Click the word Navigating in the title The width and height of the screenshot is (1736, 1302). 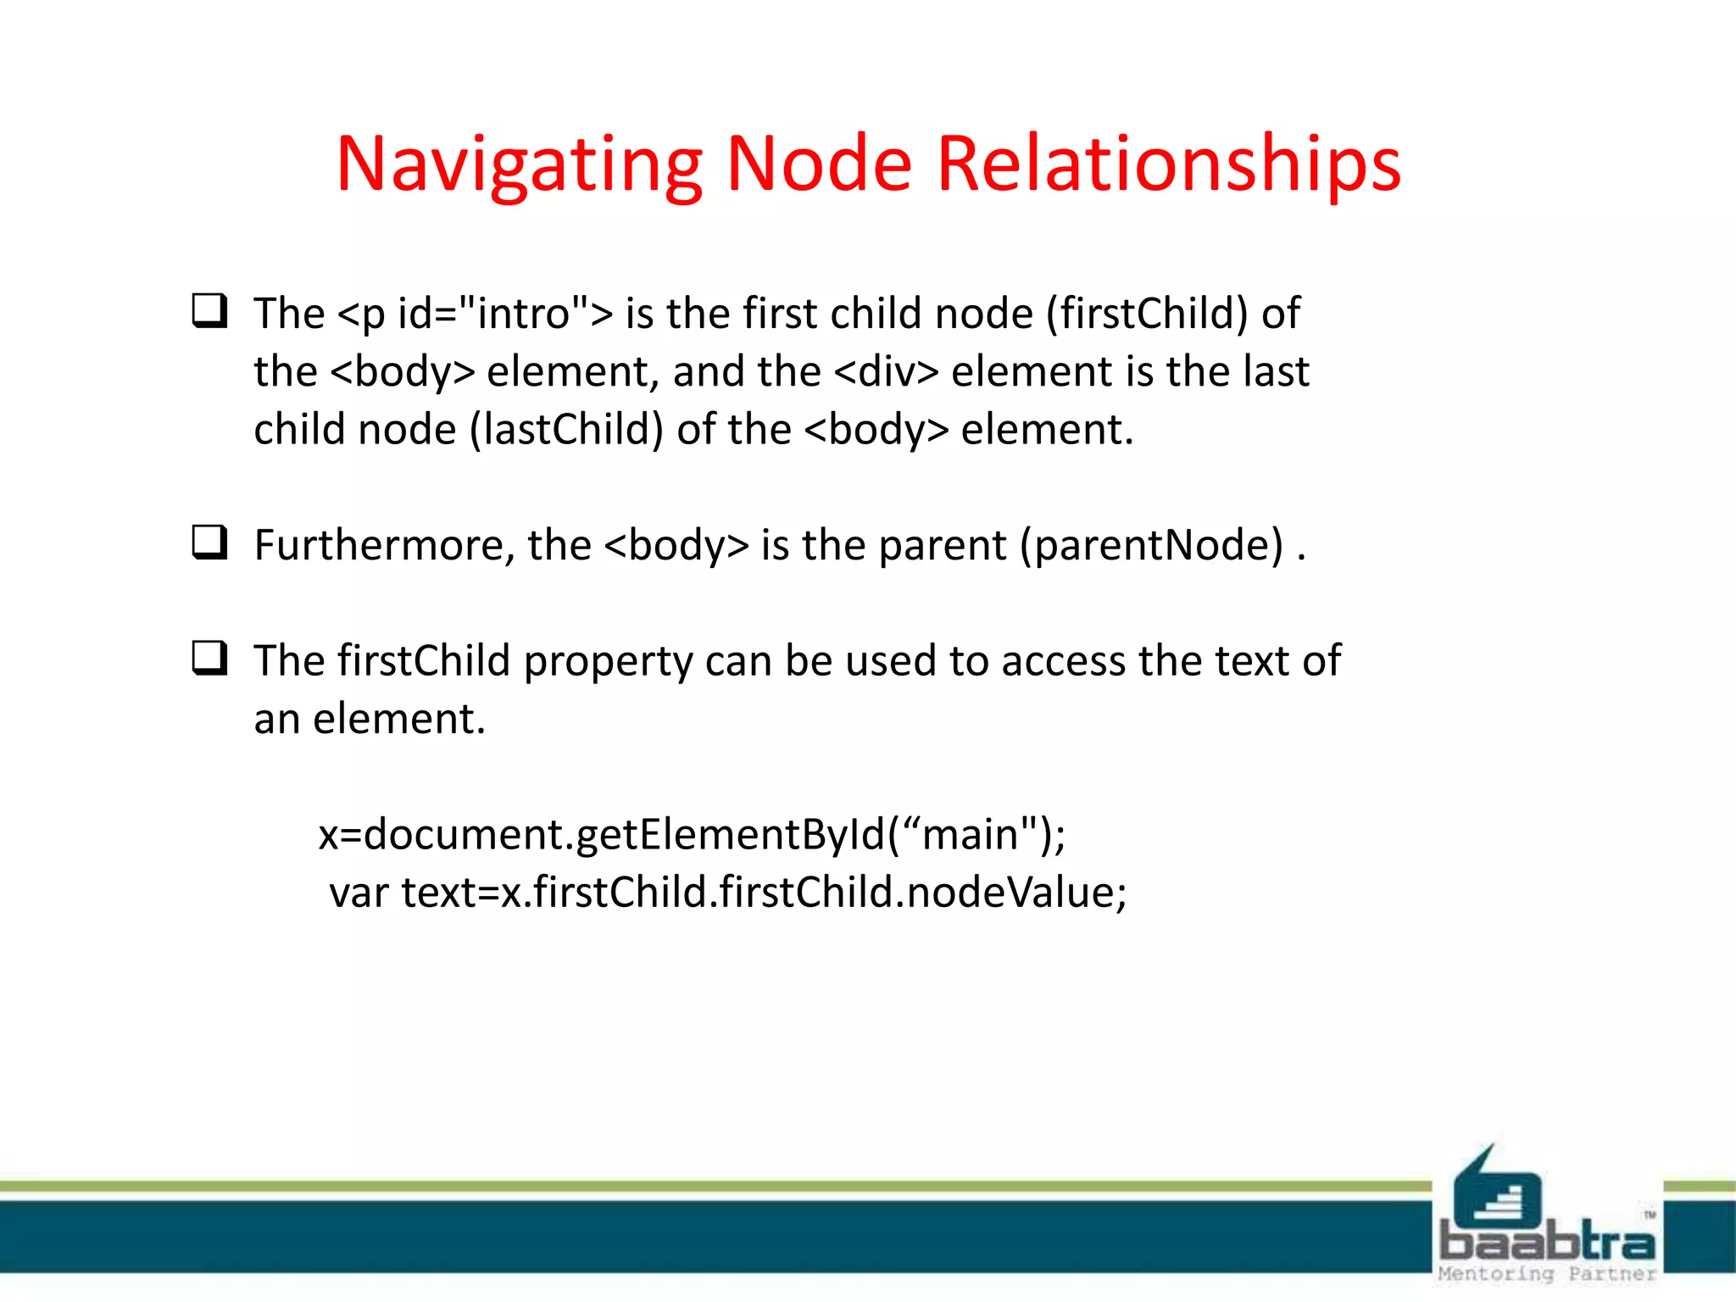pyautogui.click(x=519, y=164)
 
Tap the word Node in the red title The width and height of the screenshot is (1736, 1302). pyautogui.click(x=819, y=164)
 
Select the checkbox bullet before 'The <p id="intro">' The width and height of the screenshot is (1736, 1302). pyautogui.click(x=209, y=311)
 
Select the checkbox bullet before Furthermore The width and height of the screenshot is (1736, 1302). pyautogui.click(x=209, y=542)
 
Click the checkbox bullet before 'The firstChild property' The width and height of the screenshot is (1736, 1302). pyautogui.click(x=209, y=658)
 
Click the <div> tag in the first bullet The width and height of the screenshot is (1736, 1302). pyautogui.click(x=887, y=372)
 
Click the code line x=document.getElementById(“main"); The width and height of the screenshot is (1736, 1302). pyautogui.click(x=692, y=835)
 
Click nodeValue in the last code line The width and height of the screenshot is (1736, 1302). pyautogui.click(x=1010, y=893)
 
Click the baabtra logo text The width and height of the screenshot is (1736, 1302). pyautogui.click(x=1547, y=1244)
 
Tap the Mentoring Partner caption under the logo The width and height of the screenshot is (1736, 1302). pyautogui.click(x=1547, y=1274)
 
